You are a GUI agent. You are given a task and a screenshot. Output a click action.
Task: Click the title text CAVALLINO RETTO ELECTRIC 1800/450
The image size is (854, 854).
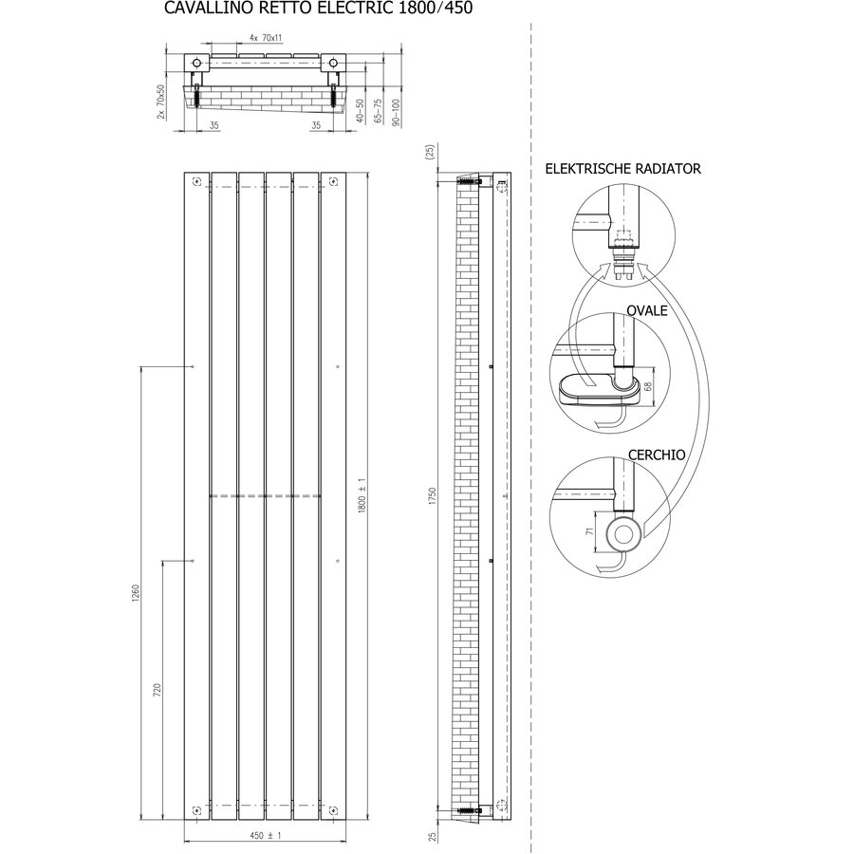click(318, 9)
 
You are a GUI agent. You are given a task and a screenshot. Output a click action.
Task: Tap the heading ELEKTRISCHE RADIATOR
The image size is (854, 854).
click(622, 169)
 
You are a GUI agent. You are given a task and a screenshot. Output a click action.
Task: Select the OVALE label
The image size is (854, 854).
click(646, 310)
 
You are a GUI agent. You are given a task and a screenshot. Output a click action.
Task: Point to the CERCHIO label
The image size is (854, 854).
click(657, 455)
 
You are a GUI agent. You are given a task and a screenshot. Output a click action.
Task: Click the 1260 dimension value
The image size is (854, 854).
click(136, 593)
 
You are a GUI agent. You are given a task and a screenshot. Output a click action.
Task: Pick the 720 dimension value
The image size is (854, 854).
click(158, 691)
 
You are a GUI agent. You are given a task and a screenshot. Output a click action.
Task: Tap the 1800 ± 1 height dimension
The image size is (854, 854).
click(362, 495)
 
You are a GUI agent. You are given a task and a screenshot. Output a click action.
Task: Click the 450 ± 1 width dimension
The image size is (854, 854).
click(266, 835)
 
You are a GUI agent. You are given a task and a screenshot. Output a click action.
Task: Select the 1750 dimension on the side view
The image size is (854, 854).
click(433, 496)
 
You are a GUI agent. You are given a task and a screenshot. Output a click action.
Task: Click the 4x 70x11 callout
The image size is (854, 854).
click(266, 38)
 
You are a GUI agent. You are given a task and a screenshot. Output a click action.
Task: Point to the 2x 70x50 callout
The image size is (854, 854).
click(160, 102)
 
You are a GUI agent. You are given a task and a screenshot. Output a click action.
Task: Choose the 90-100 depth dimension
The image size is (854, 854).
click(396, 113)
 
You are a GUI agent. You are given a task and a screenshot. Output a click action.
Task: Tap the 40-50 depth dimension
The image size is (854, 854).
click(360, 111)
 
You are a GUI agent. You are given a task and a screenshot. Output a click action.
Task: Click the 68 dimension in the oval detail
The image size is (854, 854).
click(647, 386)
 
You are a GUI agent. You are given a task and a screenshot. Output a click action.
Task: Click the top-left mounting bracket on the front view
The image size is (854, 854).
click(197, 181)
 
